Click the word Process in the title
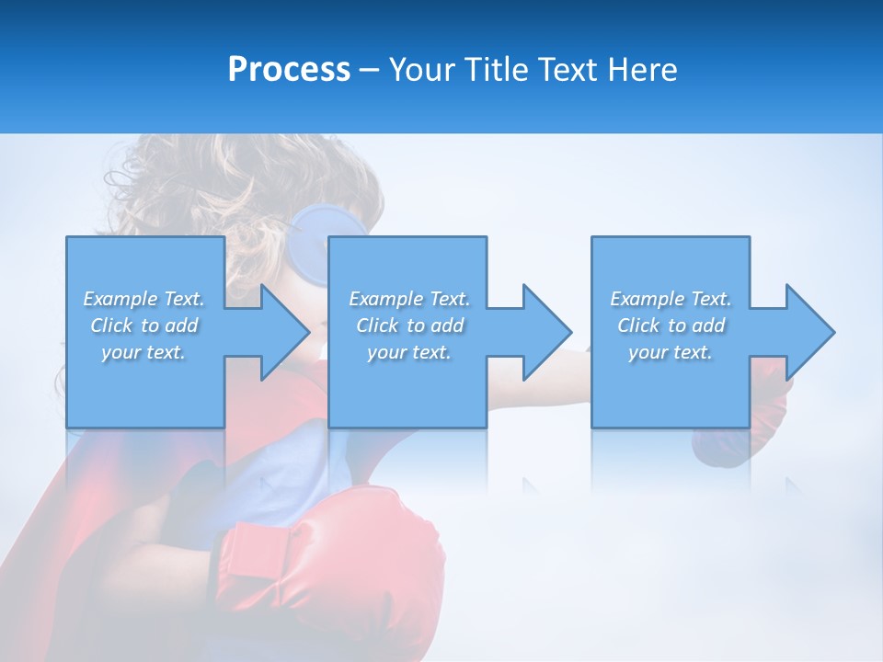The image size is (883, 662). click(289, 70)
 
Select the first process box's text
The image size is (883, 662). click(144, 325)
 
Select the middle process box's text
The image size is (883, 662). click(409, 325)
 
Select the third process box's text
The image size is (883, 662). click(671, 325)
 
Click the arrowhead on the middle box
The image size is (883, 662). click(545, 332)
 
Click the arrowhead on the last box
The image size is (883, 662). click(808, 332)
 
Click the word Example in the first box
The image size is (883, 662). click(120, 299)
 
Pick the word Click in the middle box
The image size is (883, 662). click(376, 325)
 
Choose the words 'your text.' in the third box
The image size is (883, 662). click(671, 352)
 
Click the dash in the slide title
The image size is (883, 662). click(369, 70)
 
